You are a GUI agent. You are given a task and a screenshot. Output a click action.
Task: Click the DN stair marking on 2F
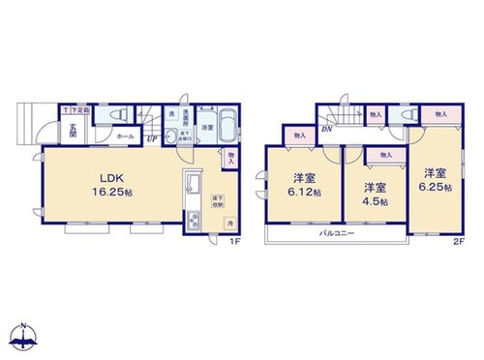tap(328, 131)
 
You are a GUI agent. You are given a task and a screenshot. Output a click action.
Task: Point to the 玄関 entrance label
tap(73, 131)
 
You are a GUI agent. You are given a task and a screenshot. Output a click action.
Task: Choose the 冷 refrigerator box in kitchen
tap(229, 225)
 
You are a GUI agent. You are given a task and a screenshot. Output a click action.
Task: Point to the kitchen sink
tap(191, 187)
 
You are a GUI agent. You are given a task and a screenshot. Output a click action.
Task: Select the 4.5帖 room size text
tap(375, 201)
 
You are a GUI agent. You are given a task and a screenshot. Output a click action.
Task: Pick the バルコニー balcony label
tap(336, 235)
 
